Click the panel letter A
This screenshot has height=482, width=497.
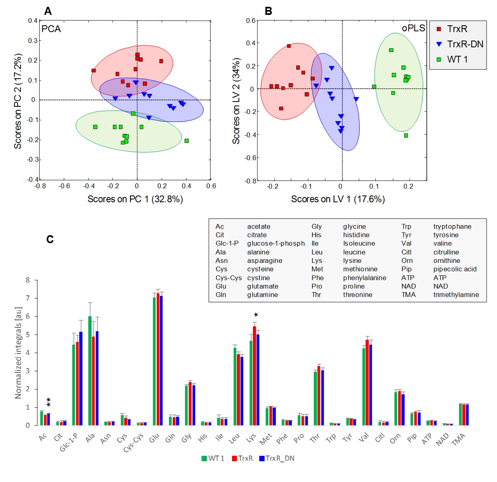(x=48, y=11)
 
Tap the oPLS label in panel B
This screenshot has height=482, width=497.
(x=413, y=28)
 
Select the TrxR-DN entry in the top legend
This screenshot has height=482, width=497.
(x=465, y=44)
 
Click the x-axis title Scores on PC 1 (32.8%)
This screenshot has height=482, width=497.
(x=135, y=199)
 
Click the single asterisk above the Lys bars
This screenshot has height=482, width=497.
(x=256, y=315)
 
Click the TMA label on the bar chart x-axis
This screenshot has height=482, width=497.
(x=458, y=439)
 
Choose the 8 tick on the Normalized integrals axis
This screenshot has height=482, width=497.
(x=28, y=280)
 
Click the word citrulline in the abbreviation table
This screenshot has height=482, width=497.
(x=446, y=252)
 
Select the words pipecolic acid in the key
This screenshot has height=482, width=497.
(x=455, y=269)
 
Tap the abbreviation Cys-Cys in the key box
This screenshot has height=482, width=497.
(x=228, y=278)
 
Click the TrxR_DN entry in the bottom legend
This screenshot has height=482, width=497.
(x=280, y=458)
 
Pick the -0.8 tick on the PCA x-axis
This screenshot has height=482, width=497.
(x=40, y=186)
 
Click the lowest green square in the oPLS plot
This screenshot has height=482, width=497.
(x=406, y=136)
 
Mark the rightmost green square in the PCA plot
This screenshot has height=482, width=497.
(x=187, y=141)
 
